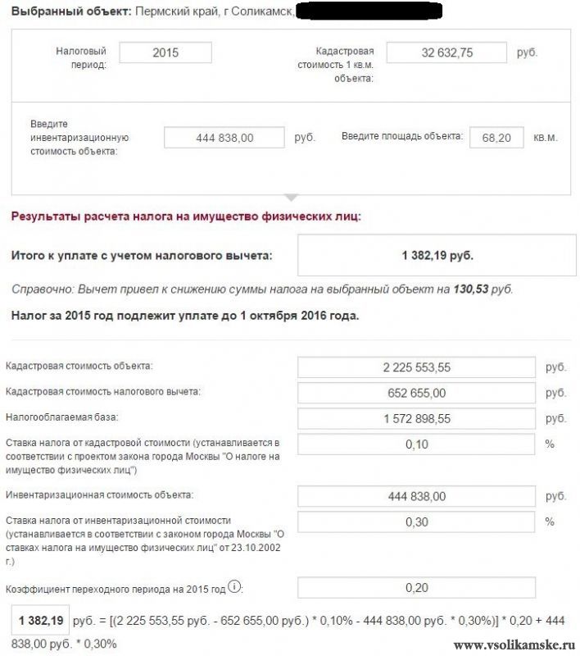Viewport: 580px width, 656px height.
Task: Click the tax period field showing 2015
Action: pos(165,52)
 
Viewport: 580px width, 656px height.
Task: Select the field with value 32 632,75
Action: pos(446,52)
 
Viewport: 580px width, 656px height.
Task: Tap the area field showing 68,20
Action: pos(496,138)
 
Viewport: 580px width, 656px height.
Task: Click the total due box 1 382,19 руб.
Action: pos(437,256)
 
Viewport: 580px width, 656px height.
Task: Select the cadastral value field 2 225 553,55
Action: pos(418,367)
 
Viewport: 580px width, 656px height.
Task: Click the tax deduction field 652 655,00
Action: pos(418,393)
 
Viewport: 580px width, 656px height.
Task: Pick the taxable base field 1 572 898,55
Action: pos(418,419)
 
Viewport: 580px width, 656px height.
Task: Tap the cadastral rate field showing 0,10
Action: pos(418,444)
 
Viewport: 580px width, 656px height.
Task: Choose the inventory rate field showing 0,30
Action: pos(418,522)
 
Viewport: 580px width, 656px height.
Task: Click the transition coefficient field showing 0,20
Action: pos(418,588)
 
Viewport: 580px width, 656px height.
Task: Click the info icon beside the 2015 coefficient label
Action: pos(235,587)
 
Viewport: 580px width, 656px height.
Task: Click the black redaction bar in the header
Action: pos(369,12)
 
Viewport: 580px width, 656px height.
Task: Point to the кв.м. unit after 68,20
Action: pos(546,138)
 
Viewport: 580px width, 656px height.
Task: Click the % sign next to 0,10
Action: pos(550,444)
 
